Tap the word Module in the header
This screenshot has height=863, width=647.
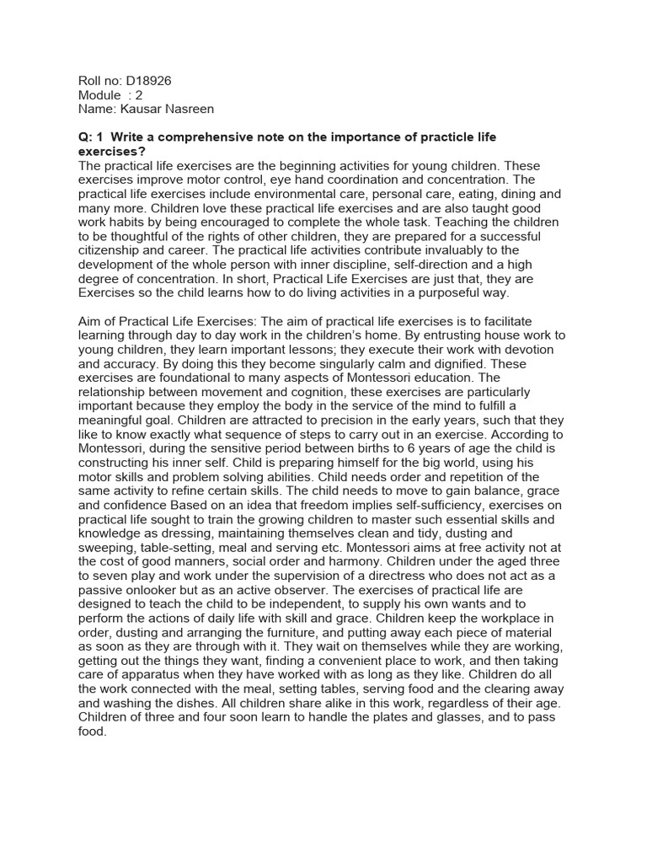(x=99, y=95)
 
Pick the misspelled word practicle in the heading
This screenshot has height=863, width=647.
(x=441, y=137)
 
